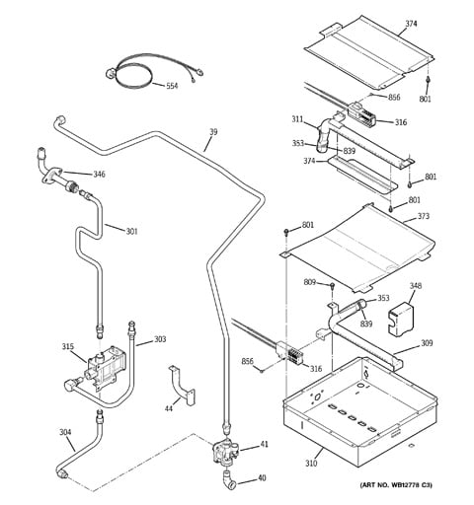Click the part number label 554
(x=172, y=86)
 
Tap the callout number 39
(x=213, y=132)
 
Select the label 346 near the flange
(x=99, y=175)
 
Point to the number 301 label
(x=131, y=232)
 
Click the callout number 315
(x=68, y=347)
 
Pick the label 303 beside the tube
(x=160, y=339)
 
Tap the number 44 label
(x=169, y=408)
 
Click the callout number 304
(x=65, y=432)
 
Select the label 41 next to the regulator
(x=265, y=444)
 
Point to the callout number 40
(x=262, y=478)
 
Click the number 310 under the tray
(x=311, y=464)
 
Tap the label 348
(x=416, y=286)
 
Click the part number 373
(x=424, y=216)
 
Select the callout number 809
(x=310, y=282)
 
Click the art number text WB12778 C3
(x=411, y=485)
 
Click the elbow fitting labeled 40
(x=229, y=480)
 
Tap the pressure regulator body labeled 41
(x=225, y=451)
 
